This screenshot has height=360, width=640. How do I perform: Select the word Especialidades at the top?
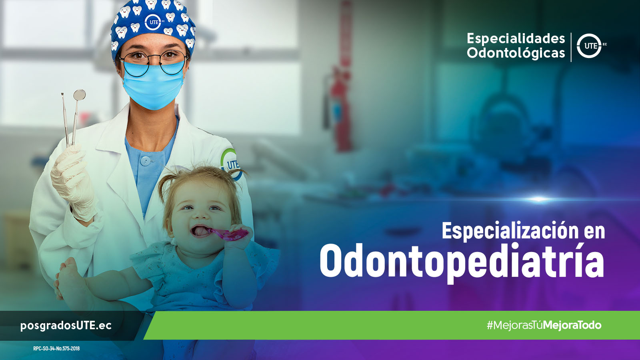[516, 38]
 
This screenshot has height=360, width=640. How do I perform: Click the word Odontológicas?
[516, 53]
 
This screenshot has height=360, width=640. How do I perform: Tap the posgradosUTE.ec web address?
[66, 326]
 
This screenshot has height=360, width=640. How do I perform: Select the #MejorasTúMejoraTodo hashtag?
[544, 325]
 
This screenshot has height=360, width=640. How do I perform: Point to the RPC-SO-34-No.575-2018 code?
[56, 348]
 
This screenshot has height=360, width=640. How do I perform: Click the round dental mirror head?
[80, 95]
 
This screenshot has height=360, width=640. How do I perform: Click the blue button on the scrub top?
[146, 161]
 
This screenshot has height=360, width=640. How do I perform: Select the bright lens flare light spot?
[538, 199]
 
